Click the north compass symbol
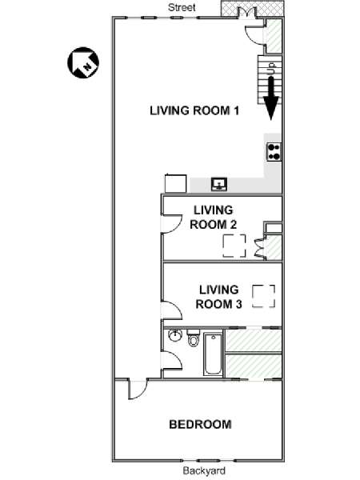click(x=83, y=62)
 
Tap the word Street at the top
click(x=182, y=7)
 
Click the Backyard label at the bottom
click(x=204, y=470)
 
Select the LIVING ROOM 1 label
click(x=194, y=110)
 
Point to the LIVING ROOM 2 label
click(x=213, y=218)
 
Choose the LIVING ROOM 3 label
click(x=218, y=297)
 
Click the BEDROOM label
click(x=200, y=424)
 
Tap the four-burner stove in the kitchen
click(x=274, y=152)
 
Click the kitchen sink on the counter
click(x=219, y=184)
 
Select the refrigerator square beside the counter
click(x=175, y=183)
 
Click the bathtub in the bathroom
click(x=213, y=354)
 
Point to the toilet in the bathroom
click(x=193, y=338)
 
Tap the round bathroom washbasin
click(x=174, y=336)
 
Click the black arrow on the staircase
click(x=271, y=98)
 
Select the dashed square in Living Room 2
click(x=234, y=246)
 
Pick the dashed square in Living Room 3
click(x=263, y=296)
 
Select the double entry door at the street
click(x=246, y=12)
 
